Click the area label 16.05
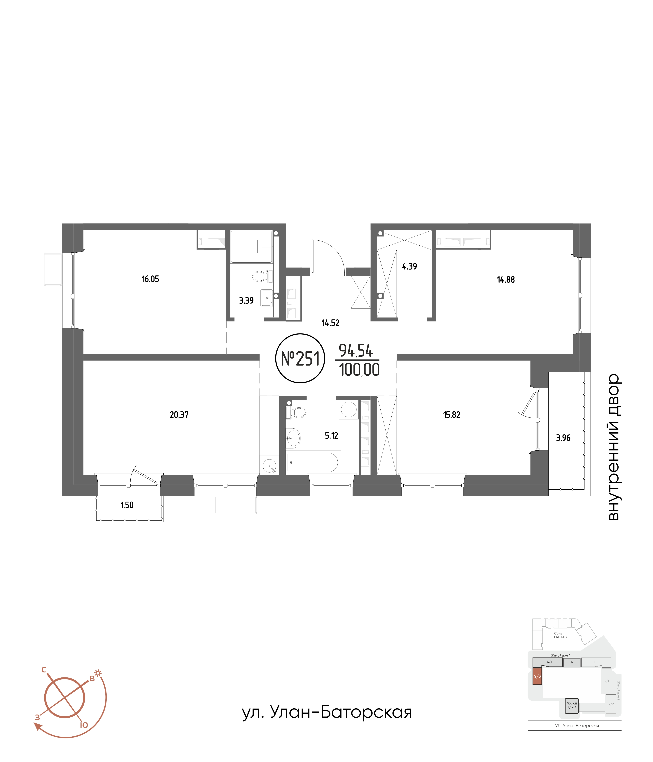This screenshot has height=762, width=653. pos(150,279)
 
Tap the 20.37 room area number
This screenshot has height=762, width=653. pos(179,415)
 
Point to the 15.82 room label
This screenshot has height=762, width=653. pos(452,415)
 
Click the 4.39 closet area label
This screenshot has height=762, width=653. pos(410,266)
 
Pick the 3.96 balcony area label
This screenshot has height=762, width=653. pos(563,438)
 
